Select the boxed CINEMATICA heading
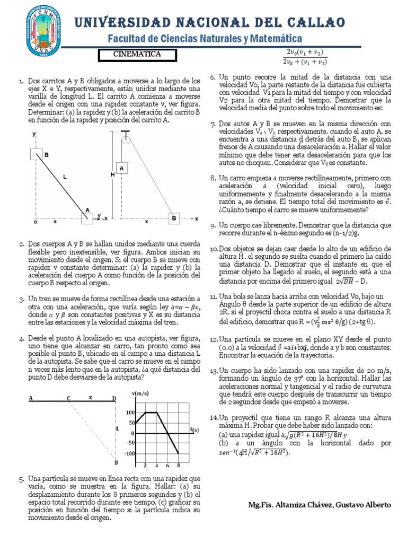[137, 54]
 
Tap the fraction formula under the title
[307, 56]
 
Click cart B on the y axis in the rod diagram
[37, 154]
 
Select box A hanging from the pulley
[122, 168]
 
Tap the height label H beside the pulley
[112, 174]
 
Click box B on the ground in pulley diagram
[173, 218]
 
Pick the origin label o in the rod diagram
[36, 222]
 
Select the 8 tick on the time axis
[179, 465]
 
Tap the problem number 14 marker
[214, 417]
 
